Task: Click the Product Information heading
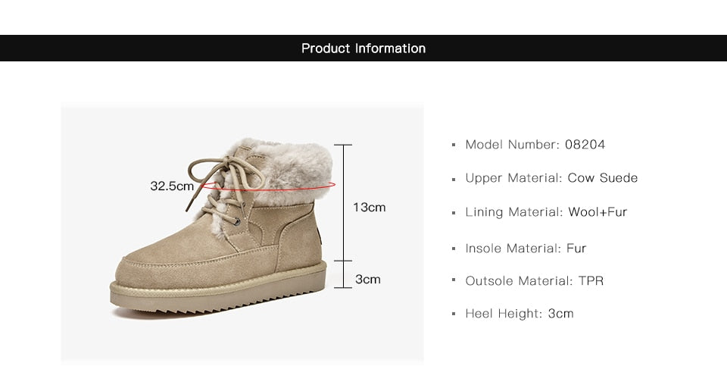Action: (x=363, y=48)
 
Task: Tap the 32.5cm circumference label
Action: (x=172, y=186)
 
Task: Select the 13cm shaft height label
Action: (x=369, y=207)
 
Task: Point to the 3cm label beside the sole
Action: (x=368, y=280)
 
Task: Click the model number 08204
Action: (x=585, y=145)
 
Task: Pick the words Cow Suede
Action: (x=603, y=178)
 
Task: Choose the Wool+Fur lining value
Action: (x=598, y=212)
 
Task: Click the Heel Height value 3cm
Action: (x=560, y=314)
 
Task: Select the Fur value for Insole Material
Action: (x=576, y=249)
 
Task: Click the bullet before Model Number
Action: (x=454, y=145)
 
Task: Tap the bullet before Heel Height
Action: (x=454, y=314)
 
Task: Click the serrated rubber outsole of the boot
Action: (x=220, y=303)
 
